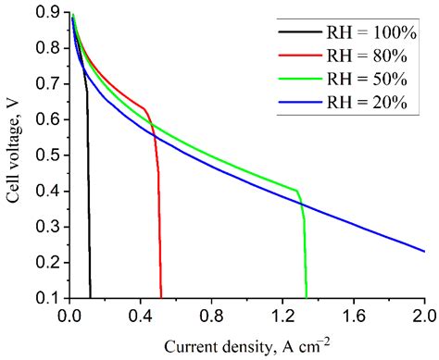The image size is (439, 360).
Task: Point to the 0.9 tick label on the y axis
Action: pyautogui.click(x=48, y=12)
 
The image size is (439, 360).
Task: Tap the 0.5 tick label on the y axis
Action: pyautogui.click(x=48, y=155)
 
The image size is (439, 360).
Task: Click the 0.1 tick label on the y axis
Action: pyautogui.click(x=48, y=297)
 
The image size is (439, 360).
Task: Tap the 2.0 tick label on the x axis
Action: pyautogui.click(x=423, y=315)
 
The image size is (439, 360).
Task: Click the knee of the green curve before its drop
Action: pyautogui.click(x=297, y=191)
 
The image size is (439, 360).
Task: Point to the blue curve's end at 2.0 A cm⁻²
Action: pyautogui.click(x=423, y=251)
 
